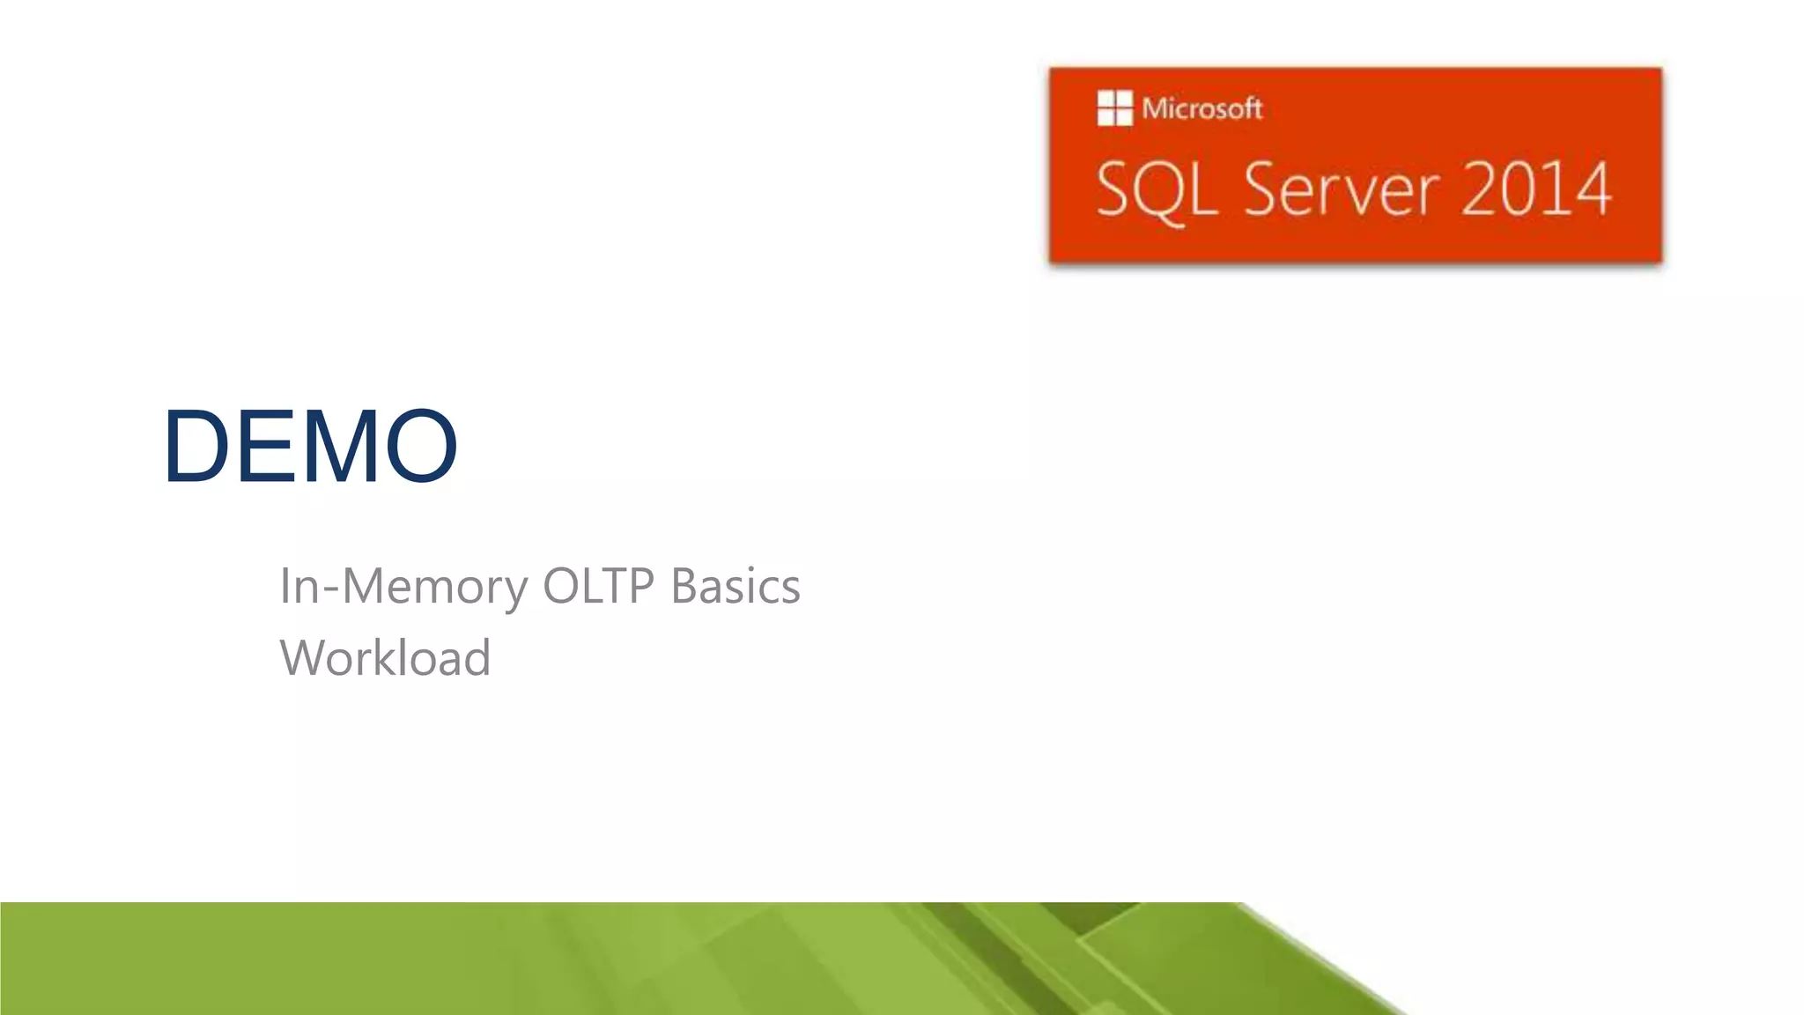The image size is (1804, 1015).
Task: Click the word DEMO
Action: pos(310,446)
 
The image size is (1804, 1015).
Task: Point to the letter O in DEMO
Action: pos(422,446)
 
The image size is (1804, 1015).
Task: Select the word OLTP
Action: pos(599,587)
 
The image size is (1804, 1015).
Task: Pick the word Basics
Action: pos(736,587)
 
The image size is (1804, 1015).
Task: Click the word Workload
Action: pos(385,658)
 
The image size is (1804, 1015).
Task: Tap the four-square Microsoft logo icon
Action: pos(1114,108)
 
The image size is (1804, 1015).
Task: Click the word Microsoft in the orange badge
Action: pos(1202,108)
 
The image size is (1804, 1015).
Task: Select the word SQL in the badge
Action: pos(1157,189)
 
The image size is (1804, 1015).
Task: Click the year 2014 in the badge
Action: pos(1536,189)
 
